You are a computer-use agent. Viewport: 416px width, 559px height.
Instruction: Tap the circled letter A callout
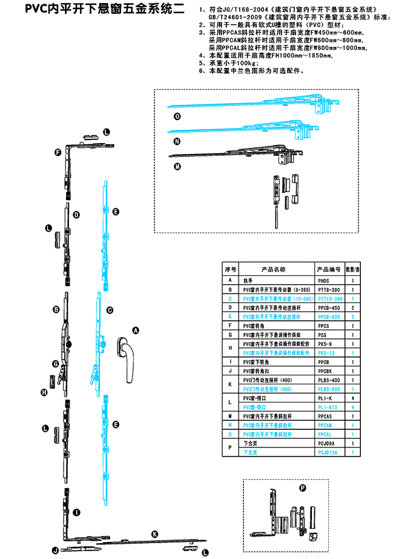pos(136,330)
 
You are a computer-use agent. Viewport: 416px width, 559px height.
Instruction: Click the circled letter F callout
pos(58,152)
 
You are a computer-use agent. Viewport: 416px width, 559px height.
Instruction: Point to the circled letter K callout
pos(154,534)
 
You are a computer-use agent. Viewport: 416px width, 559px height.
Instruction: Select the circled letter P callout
pos(303,487)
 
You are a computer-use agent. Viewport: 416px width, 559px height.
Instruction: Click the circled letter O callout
pos(177,116)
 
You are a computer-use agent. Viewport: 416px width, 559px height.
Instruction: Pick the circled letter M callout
pos(177,166)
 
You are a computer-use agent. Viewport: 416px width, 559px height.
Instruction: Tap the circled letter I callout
pos(77,512)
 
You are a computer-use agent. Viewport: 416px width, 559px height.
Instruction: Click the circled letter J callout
pos(54,550)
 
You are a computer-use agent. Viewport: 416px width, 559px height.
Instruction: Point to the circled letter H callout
pos(44,392)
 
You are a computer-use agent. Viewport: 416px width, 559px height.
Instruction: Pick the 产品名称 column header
pos(273,269)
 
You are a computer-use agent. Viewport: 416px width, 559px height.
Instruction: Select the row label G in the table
pos(229,334)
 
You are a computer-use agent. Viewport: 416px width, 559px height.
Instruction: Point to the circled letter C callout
pos(110,310)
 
